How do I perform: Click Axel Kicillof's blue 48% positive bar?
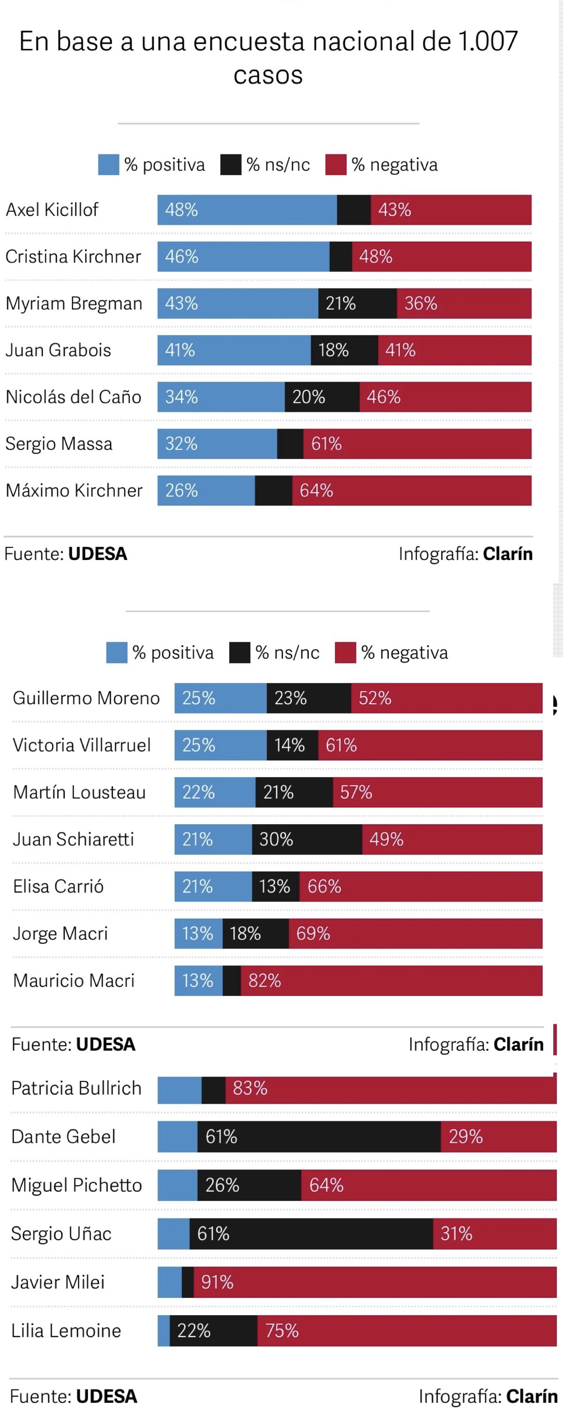point(247,209)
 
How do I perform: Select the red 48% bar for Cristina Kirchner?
point(441,256)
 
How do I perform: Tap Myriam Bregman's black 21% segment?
point(357,303)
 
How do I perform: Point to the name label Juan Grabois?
point(58,350)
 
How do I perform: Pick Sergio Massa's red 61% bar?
point(417,444)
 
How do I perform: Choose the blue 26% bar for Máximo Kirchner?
point(206,490)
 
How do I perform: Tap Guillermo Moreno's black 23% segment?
point(308,698)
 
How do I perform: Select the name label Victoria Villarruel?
point(81,745)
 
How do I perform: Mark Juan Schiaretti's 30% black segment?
point(307,839)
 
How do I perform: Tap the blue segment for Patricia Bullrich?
point(179,1088)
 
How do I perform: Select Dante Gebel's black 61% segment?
point(319,1137)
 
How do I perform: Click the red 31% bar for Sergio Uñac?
point(494,1233)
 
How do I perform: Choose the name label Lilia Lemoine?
point(66,1331)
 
